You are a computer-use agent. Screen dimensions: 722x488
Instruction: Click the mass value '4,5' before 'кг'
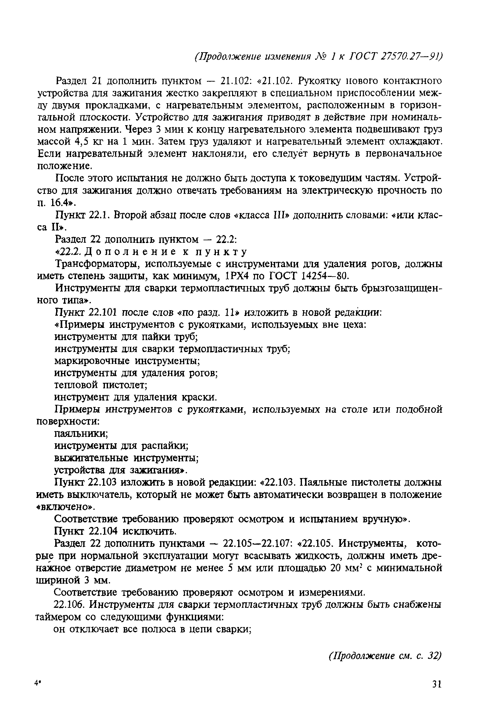point(82,142)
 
